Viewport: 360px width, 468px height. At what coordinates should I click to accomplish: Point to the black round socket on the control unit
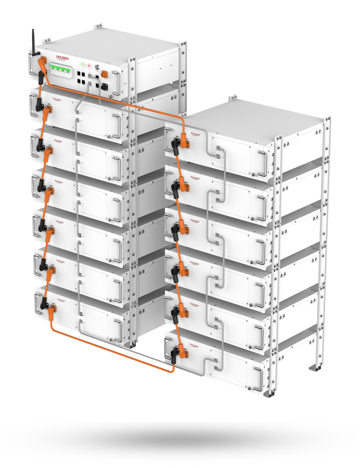point(105,86)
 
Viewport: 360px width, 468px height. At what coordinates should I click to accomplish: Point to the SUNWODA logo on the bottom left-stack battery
point(59,300)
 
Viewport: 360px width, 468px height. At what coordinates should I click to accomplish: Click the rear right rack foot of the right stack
point(315,368)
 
